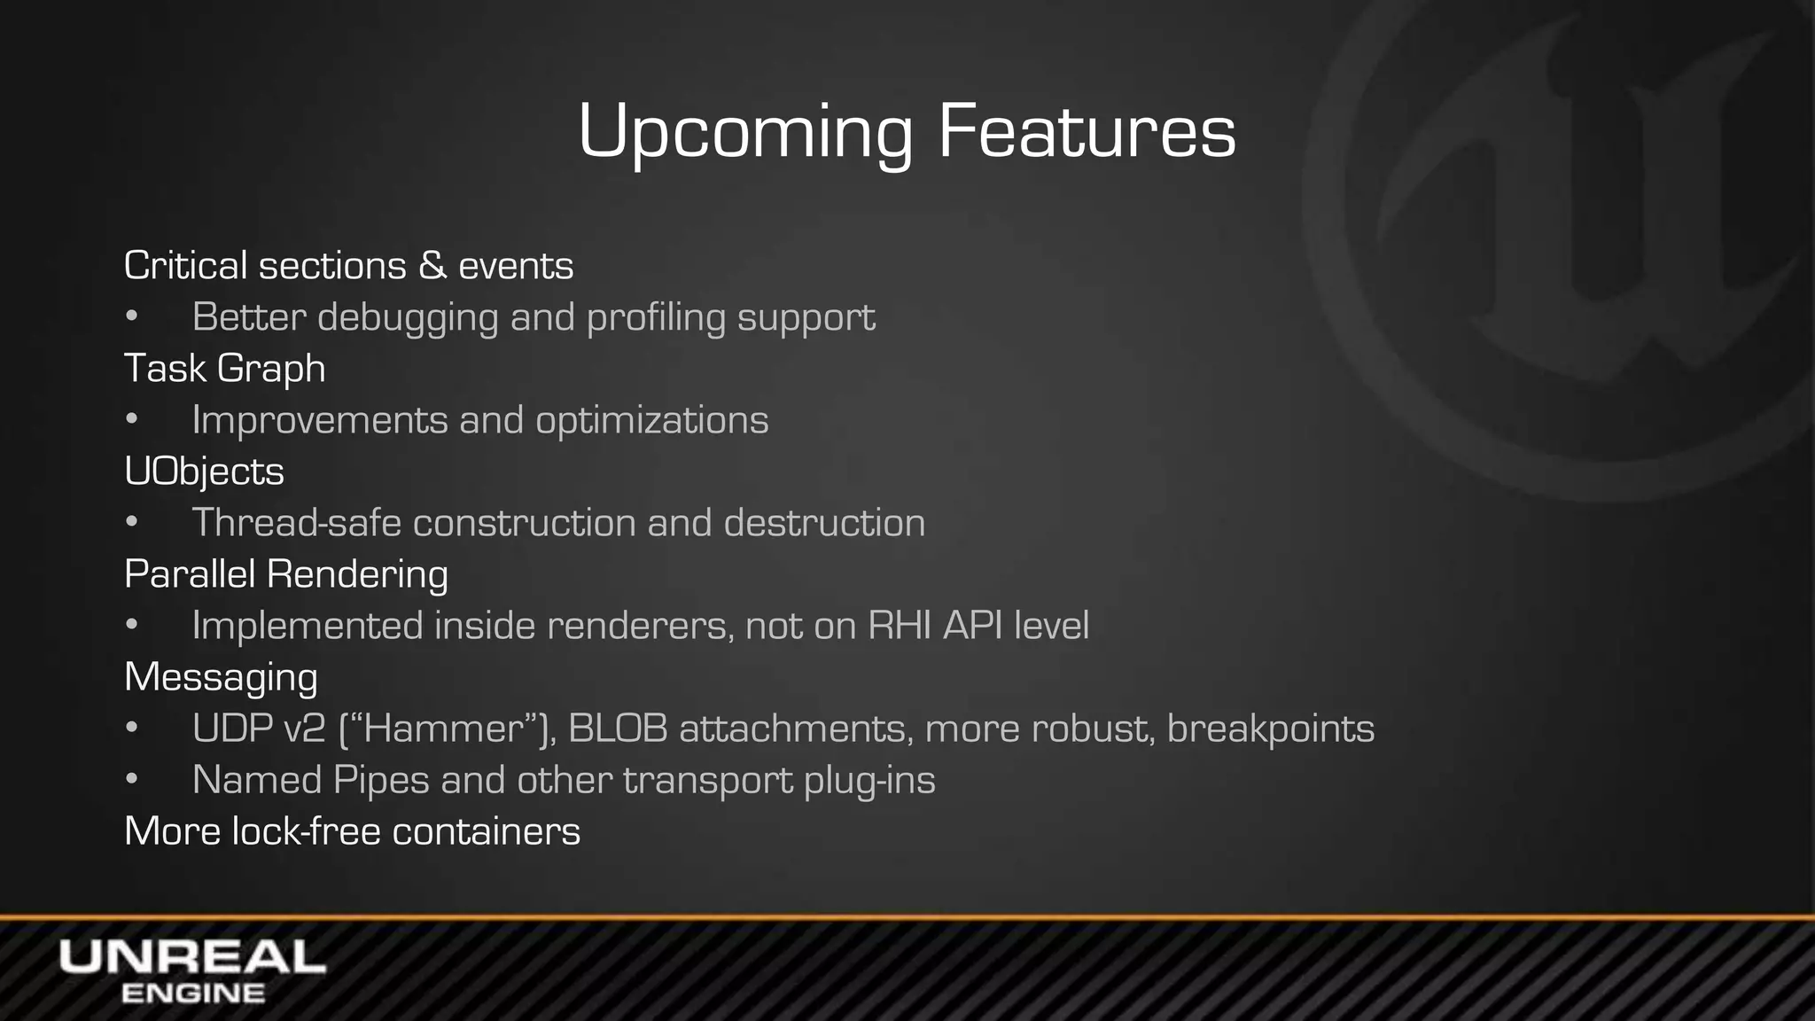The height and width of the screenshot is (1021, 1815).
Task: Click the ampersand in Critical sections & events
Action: (x=432, y=266)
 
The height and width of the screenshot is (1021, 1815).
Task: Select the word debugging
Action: (x=408, y=318)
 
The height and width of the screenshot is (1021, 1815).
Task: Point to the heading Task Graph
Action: (x=224, y=369)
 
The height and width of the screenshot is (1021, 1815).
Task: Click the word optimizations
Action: (x=651, y=420)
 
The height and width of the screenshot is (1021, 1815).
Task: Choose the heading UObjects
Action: (x=204, y=472)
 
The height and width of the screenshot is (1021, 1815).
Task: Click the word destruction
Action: (x=824, y=523)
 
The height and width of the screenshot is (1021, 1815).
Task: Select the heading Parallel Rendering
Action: (x=285, y=574)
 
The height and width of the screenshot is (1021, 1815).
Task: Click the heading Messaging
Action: (x=221, y=678)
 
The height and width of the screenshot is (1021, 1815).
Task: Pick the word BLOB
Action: (x=618, y=729)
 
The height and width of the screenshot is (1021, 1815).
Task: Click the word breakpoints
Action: (x=1270, y=729)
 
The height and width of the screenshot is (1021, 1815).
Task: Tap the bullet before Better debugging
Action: (x=132, y=317)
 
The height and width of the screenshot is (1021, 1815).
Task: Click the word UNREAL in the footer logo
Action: (x=192, y=958)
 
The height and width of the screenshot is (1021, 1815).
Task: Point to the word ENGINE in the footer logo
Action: (x=192, y=994)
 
